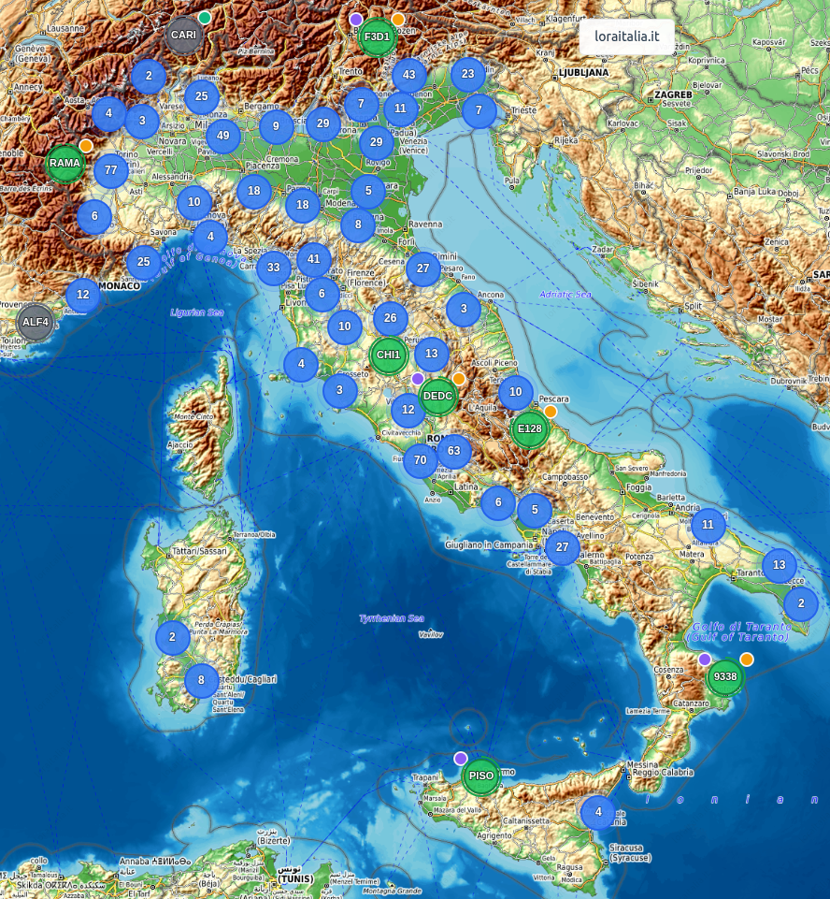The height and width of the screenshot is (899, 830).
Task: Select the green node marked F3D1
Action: point(377,37)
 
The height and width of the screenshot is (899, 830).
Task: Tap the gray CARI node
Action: point(183,36)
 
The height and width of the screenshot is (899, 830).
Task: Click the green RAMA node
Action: point(65,163)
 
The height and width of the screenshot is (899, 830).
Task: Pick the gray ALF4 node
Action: point(36,322)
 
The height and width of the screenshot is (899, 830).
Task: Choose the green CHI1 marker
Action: point(387,355)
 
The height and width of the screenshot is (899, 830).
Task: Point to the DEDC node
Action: point(437,396)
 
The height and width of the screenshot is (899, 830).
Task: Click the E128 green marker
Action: point(529,429)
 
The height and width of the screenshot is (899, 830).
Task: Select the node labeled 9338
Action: point(724,676)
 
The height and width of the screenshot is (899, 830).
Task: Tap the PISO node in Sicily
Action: point(481,776)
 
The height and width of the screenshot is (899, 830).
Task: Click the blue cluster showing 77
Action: point(111,170)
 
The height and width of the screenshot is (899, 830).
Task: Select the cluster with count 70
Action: point(421,460)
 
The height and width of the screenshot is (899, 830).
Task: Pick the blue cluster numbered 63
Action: point(454,451)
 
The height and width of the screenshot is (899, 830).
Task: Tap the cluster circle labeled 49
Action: point(222,136)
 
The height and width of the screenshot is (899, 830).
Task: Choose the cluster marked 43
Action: point(408,75)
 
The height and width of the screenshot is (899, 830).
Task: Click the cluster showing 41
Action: point(314,259)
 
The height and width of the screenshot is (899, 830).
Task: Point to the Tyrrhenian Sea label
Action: point(392,618)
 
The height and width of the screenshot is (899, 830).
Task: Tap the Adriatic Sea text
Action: point(565,295)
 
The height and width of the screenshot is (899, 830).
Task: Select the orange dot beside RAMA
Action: point(86,146)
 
